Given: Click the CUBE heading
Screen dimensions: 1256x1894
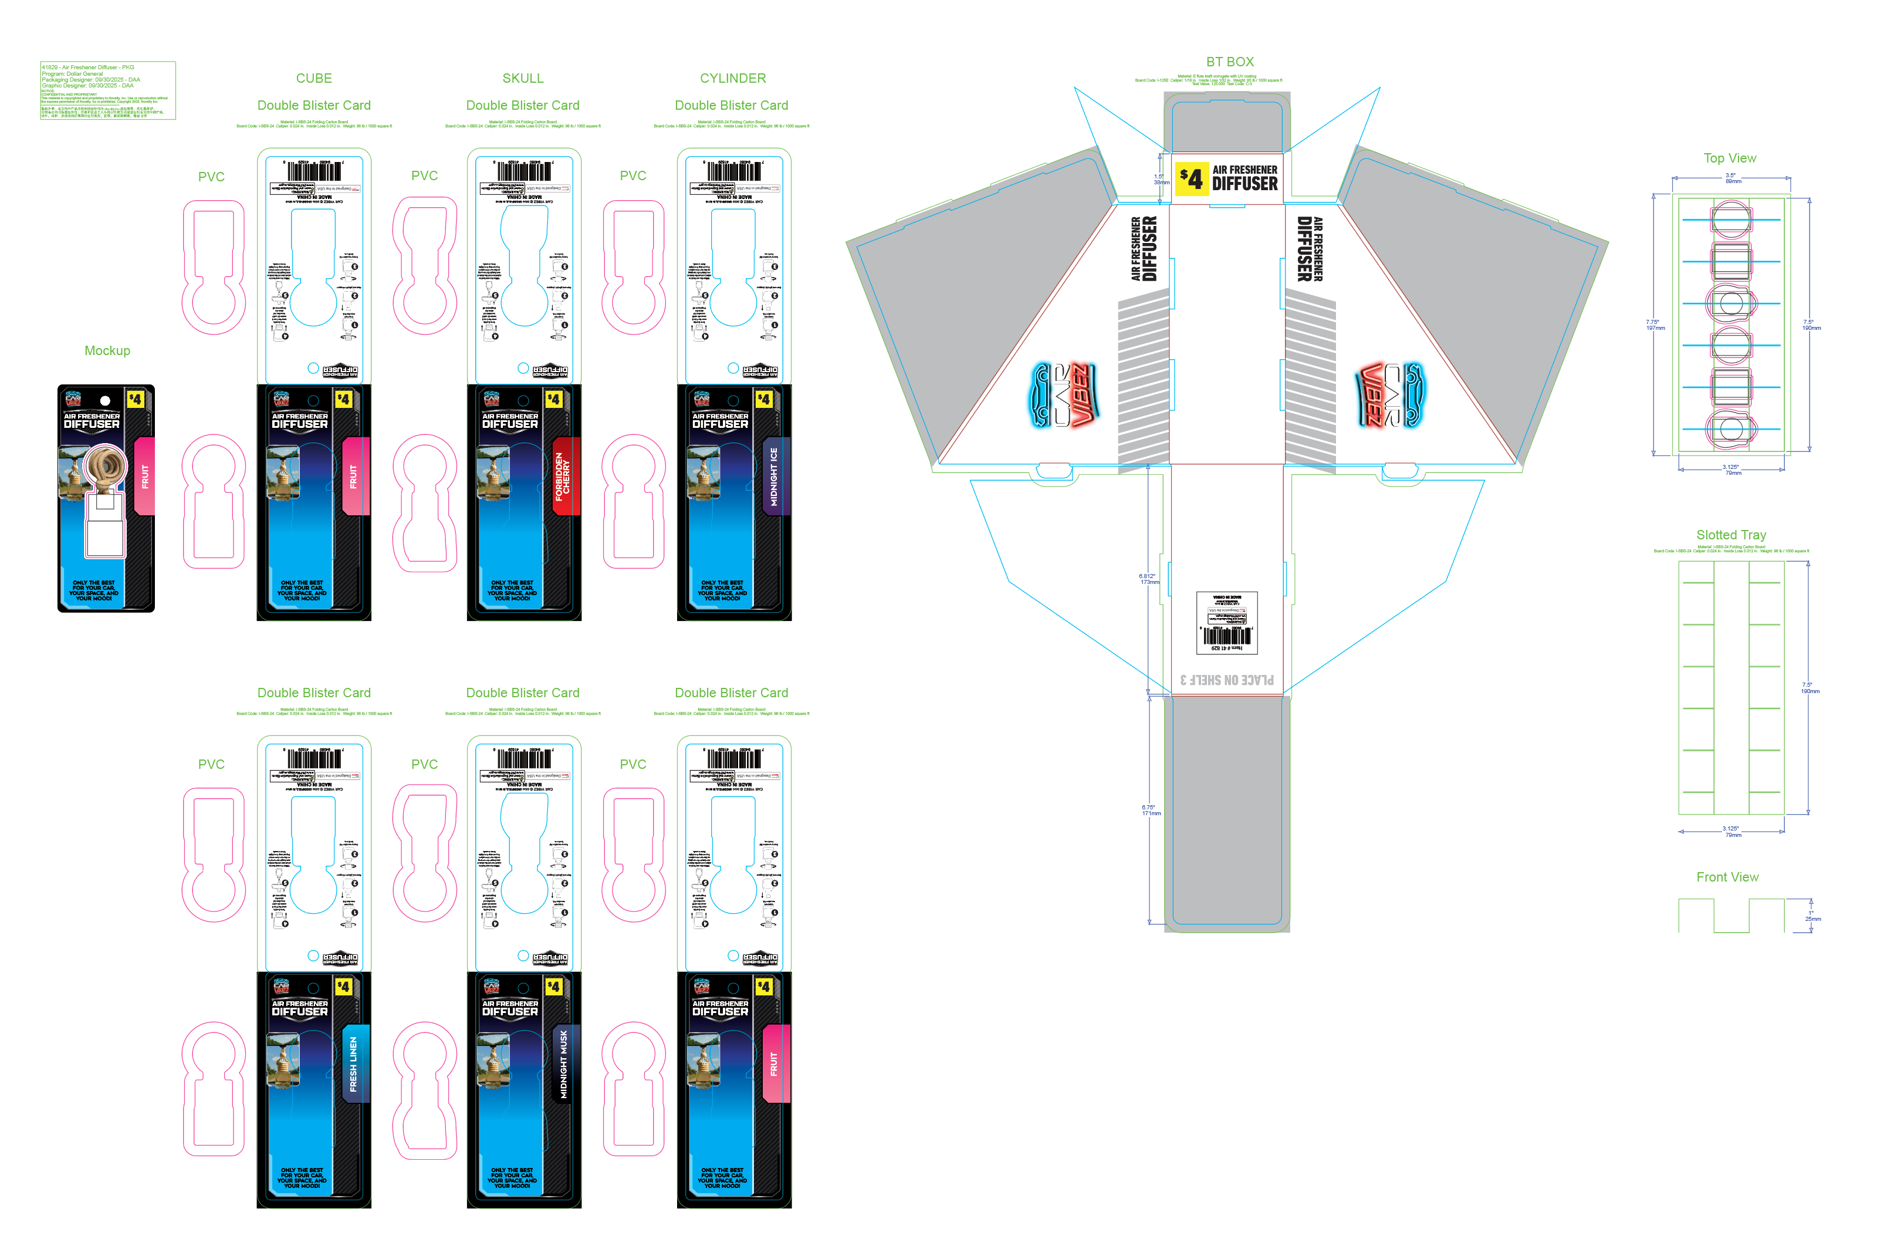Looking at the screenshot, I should pos(313,79).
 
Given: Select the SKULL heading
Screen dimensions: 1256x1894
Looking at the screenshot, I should pos(522,79).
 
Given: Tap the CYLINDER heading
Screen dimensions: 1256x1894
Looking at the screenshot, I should pos(732,79).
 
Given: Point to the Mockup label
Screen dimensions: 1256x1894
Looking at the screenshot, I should pos(107,351).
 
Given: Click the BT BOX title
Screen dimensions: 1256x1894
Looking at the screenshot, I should pos(1229,62).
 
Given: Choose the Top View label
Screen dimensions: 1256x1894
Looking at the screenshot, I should pos(1729,158).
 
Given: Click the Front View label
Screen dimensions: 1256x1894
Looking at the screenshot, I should pos(1727,877).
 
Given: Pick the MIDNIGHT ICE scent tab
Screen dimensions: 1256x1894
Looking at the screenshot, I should pos(773,476).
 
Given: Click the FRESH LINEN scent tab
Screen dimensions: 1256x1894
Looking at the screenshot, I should pos(354,1063).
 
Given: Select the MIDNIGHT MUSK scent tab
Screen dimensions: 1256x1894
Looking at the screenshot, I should pos(564,1063).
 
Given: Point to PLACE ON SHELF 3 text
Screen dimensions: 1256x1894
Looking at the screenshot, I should pos(1226,680).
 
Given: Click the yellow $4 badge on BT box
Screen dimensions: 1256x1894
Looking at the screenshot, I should pos(1191,178).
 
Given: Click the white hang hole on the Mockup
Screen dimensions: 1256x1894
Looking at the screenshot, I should pos(105,400).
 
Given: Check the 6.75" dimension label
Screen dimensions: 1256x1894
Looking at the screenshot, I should pos(1150,810).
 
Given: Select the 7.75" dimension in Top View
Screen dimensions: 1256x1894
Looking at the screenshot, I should pos(1654,325).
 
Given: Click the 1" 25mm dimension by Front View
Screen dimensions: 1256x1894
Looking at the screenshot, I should pos(1812,916).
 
